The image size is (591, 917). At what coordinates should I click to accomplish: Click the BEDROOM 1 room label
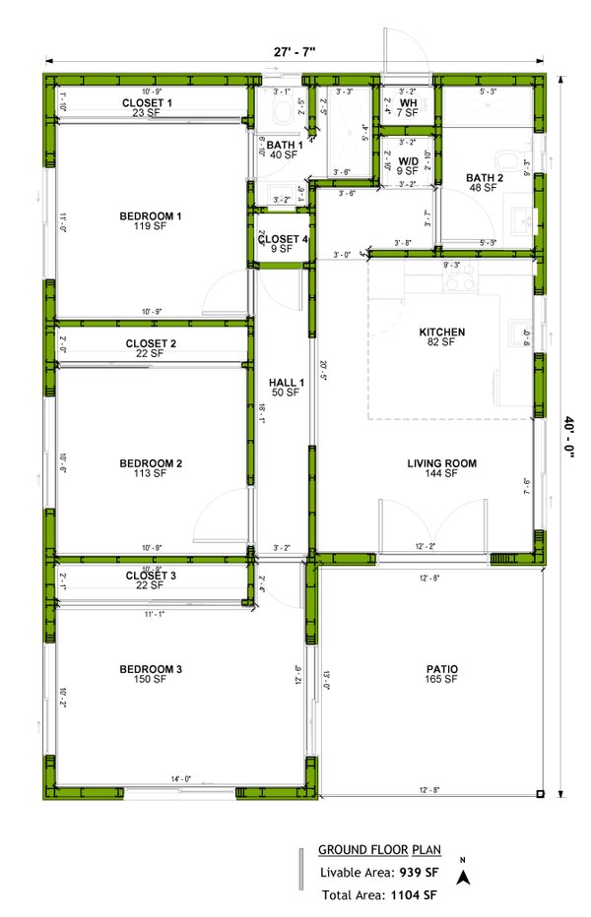point(151,215)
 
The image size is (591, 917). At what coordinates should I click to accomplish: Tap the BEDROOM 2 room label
point(151,462)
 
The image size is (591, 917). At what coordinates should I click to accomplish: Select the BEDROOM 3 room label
point(151,670)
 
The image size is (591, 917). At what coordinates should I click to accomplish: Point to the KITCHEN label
point(441,332)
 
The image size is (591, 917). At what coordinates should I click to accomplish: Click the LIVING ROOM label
point(442,462)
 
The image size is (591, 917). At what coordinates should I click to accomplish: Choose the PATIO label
point(442,670)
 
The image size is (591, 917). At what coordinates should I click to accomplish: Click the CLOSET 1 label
point(147,102)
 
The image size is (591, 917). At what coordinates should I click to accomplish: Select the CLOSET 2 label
point(151,343)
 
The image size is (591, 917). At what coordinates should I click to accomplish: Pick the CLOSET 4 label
point(283,239)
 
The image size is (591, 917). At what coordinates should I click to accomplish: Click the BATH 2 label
point(485,178)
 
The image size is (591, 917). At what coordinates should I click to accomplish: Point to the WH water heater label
point(408,102)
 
